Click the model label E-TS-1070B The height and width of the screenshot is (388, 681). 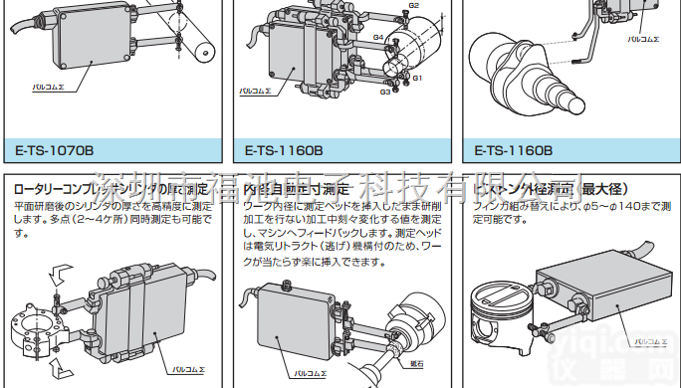[x=54, y=151]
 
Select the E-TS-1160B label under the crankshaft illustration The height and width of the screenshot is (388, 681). [x=512, y=151]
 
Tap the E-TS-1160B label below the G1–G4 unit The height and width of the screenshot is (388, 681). [x=284, y=151]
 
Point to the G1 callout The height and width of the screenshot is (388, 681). [x=418, y=78]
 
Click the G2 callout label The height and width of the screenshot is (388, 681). [x=413, y=6]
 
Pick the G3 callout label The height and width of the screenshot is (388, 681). [x=384, y=92]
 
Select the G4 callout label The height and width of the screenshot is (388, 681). [x=378, y=37]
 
